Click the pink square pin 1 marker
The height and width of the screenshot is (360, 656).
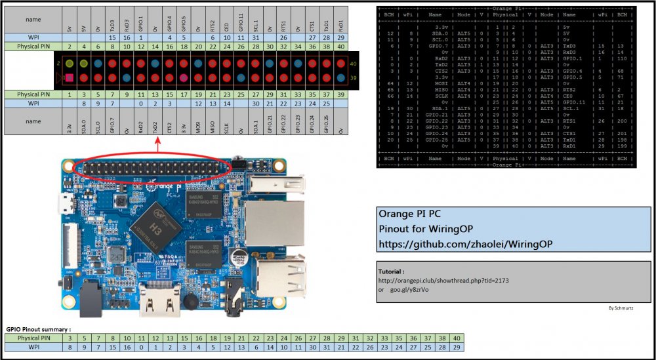coord(68,78)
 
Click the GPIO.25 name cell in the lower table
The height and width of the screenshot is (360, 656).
coord(326,122)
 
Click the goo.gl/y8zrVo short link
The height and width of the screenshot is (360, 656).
coord(409,289)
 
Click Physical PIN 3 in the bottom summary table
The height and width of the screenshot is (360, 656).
coord(69,338)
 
